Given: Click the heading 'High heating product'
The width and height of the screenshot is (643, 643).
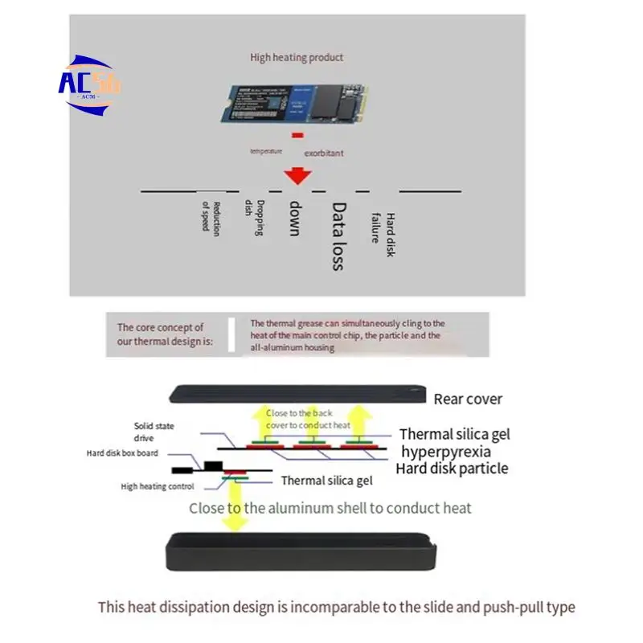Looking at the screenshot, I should point(297,57).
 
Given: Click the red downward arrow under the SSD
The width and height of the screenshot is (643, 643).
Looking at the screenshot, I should point(298,175).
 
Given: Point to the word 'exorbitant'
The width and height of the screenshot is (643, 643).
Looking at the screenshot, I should point(323,152).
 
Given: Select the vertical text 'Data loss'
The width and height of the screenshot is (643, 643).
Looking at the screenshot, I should point(338,236).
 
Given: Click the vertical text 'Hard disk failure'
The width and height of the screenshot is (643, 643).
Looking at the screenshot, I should point(383,234).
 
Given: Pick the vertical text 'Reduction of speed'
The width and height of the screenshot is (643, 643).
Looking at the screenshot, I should point(211,215).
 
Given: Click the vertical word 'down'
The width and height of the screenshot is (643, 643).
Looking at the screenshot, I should point(295,218).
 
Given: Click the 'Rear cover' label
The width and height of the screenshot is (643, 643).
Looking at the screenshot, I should point(468,399).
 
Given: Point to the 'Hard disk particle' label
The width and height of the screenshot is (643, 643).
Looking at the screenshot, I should point(452,469).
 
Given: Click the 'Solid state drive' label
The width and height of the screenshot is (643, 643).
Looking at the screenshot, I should point(154,432).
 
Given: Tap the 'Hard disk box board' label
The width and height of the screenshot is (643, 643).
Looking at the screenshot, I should point(122,453).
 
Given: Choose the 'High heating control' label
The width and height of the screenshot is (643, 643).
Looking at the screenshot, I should point(157,486).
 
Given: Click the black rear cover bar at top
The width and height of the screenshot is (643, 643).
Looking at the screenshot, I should point(297,393).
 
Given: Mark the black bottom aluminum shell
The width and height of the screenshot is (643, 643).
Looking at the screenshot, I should point(301,552).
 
